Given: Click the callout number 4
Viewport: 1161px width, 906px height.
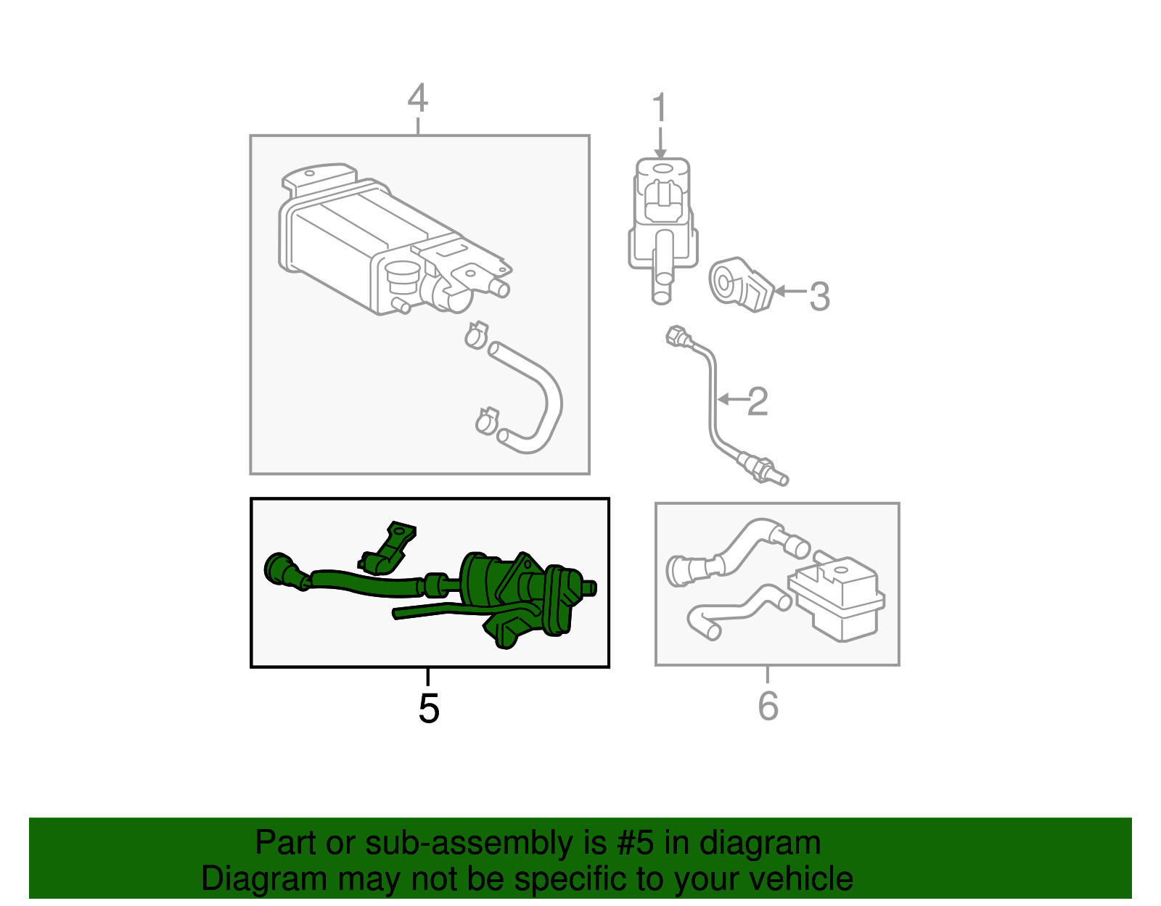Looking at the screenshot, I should pos(417,99).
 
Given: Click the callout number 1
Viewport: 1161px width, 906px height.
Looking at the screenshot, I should pos(659,108).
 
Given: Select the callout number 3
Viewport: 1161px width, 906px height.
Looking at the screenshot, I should pos(819,297).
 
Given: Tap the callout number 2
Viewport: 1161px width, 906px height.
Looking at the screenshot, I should pos(758,402).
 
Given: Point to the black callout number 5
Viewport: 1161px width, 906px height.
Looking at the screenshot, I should pos(429,708).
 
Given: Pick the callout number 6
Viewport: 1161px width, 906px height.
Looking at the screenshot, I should pos(768,707).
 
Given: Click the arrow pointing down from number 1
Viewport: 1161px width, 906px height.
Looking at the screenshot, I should pos(660,142).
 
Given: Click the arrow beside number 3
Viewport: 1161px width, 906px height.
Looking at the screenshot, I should pos(790,292).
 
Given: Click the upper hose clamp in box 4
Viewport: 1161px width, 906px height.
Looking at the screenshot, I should pos(476,334).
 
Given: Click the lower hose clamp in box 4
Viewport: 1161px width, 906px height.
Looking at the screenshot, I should pos(487,420).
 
